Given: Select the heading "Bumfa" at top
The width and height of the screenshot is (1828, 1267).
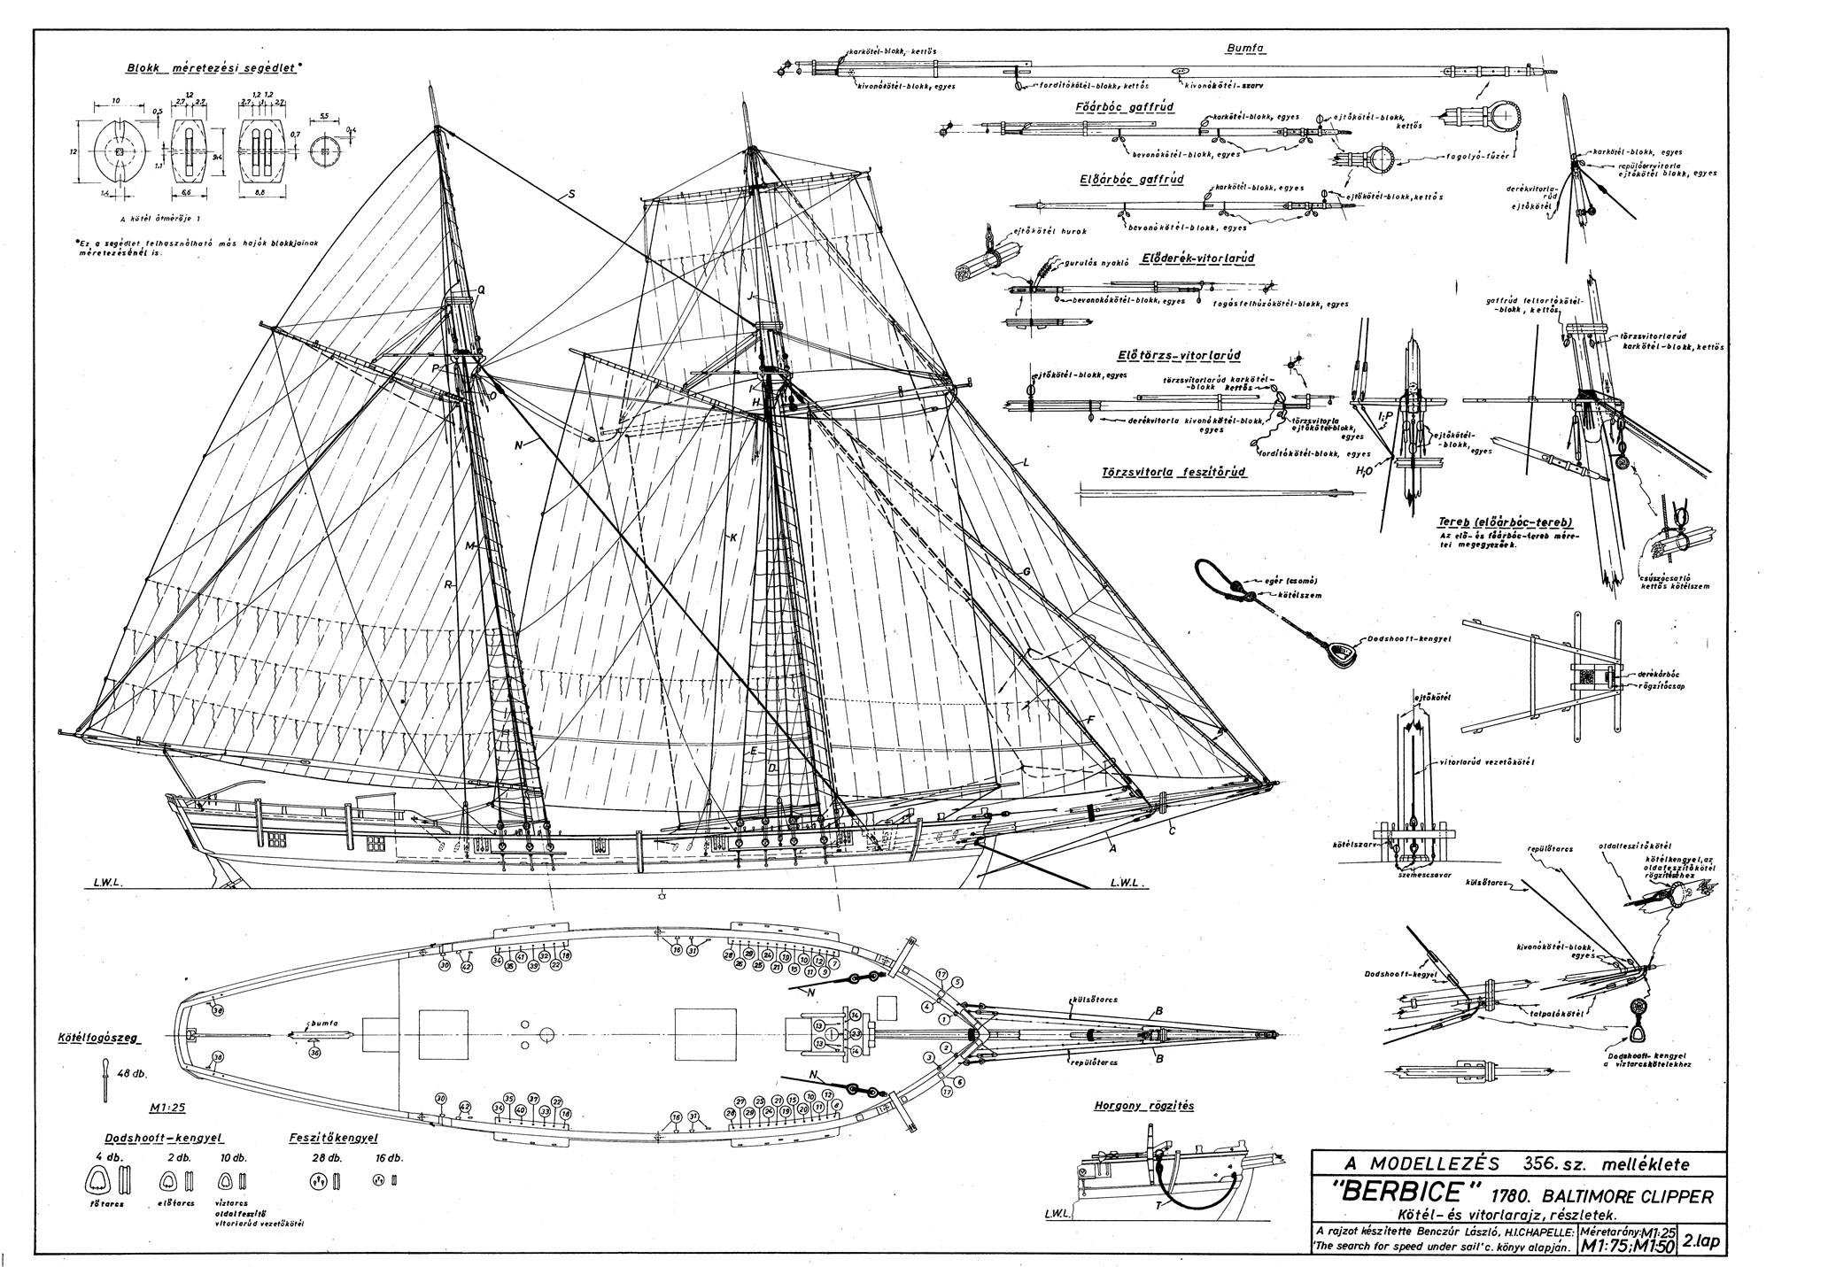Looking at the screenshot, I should click(1246, 49).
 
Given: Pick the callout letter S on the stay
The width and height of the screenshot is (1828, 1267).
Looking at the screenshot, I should click(571, 194).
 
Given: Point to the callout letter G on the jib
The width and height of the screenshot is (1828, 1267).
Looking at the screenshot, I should click(1026, 572).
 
